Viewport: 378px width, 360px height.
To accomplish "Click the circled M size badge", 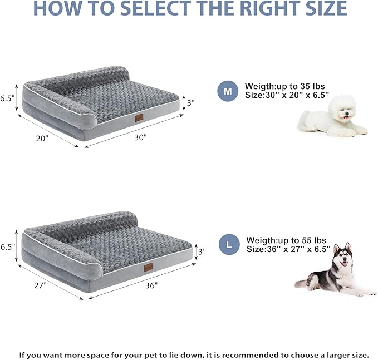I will (x=227, y=91).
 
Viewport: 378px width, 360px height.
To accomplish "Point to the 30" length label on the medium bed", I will (x=140, y=137).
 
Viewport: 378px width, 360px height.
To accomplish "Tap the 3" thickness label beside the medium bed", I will (x=190, y=103).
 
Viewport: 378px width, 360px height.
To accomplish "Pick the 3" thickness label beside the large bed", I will (x=202, y=251).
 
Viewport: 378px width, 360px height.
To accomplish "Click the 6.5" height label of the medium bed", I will (x=7, y=98).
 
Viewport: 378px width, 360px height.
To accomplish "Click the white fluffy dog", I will (x=333, y=116).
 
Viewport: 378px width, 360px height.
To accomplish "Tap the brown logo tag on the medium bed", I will (x=139, y=118).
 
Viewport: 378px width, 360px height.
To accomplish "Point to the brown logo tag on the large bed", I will (x=148, y=268).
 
